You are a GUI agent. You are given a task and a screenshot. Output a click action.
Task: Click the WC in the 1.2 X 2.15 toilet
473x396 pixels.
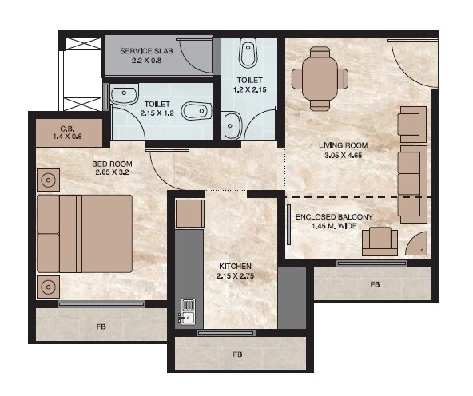coord(248,53)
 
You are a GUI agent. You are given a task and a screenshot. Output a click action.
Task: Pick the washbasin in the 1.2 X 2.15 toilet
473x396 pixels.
coord(232,123)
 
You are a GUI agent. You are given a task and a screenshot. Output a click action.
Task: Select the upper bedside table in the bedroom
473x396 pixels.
coord(49,180)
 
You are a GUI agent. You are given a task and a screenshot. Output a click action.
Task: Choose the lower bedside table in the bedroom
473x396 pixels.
coord(49,284)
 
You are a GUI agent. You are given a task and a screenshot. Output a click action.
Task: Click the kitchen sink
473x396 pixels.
coord(189,311)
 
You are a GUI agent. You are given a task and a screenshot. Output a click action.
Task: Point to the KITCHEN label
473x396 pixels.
coord(236,266)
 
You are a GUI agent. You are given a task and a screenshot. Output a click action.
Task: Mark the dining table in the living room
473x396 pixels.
coord(320,77)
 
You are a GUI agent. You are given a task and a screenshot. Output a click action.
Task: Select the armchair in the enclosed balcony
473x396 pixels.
coord(379,240)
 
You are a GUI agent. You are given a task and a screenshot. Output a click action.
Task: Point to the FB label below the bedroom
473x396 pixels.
coord(101,327)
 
